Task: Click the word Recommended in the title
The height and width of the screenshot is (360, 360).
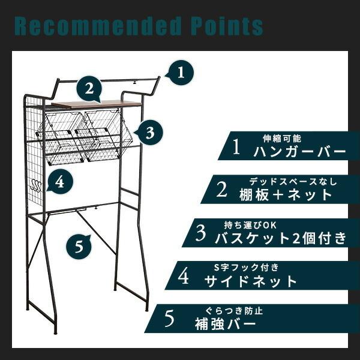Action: pyautogui.click(x=95, y=26)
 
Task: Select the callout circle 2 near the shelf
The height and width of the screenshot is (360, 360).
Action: pyautogui.click(x=89, y=89)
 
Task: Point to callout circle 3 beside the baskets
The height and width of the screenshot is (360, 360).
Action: pyautogui.click(x=150, y=131)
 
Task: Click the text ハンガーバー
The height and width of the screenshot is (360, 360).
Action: pyautogui.click(x=299, y=151)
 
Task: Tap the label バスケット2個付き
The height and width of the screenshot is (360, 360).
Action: pyautogui.click(x=281, y=237)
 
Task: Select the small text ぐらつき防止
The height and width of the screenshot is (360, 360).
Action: pyautogui.click(x=234, y=310)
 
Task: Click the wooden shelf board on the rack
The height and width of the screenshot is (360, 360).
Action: pyautogui.click(x=96, y=104)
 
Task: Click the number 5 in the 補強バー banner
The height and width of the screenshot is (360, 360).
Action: pyautogui.click(x=169, y=319)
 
